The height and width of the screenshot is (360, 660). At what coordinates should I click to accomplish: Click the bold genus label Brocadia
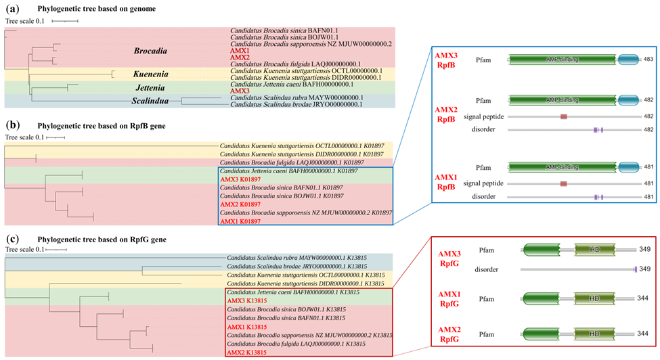(x=152, y=51)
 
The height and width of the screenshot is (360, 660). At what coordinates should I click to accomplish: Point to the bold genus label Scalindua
(x=149, y=102)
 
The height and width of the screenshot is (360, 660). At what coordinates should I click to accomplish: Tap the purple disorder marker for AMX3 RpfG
(x=635, y=270)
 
